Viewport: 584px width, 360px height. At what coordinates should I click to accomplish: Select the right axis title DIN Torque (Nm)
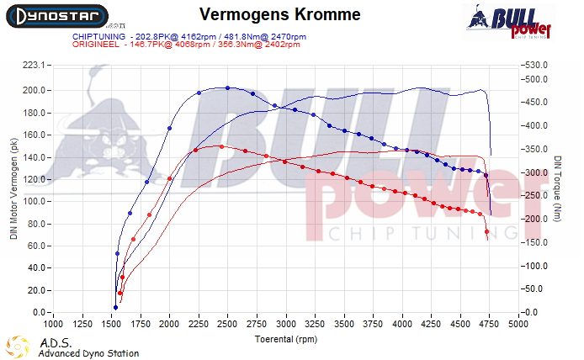(559, 190)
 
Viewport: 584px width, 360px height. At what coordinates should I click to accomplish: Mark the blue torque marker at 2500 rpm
(227, 87)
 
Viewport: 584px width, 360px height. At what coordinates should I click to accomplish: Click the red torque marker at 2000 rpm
(169, 178)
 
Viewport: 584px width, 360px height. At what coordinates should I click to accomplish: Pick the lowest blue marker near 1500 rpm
(115, 307)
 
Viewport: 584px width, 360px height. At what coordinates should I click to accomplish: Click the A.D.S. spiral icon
(18, 347)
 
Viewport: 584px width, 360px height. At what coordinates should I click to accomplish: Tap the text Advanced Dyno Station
(88, 353)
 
